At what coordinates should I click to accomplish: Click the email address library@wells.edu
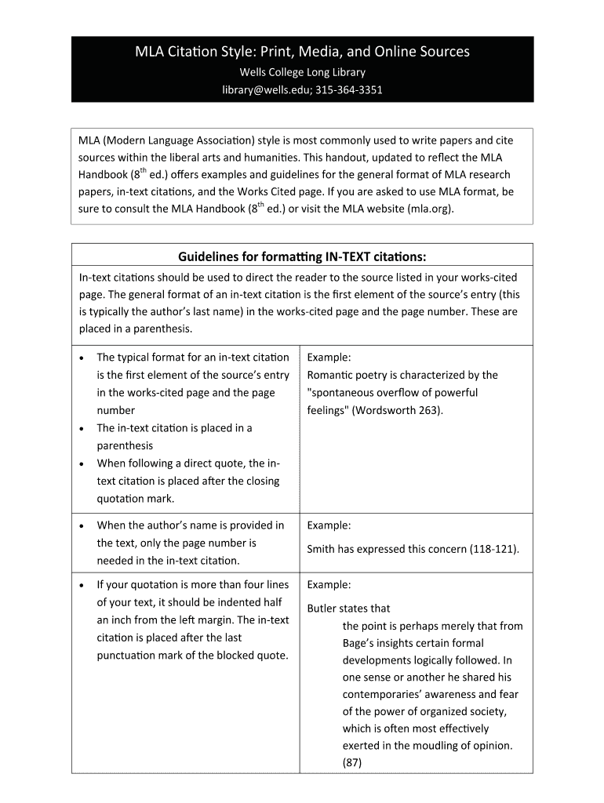click(266, 89)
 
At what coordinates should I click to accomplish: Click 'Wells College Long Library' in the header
click(302, 72)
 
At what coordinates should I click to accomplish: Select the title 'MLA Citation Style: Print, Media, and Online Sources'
click(302, 52)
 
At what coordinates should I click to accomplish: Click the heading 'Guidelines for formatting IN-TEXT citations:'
click(302, 257)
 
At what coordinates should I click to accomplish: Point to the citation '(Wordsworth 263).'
click(399, 410)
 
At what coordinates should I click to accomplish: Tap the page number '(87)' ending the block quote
click(351, 762)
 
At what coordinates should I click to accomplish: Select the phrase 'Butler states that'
click(348, 608)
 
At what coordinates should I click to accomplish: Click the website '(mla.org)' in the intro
click(430, 209)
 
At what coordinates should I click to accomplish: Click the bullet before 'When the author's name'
click(83, 525)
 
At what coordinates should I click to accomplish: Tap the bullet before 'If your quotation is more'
click(83, 585)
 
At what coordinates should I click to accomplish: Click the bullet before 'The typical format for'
click(83, 358)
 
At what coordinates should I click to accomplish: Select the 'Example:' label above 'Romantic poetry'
click(329, 358)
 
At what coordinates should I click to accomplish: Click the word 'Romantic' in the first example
click(330, 375)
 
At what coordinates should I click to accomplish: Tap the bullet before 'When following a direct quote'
click(83, 463)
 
